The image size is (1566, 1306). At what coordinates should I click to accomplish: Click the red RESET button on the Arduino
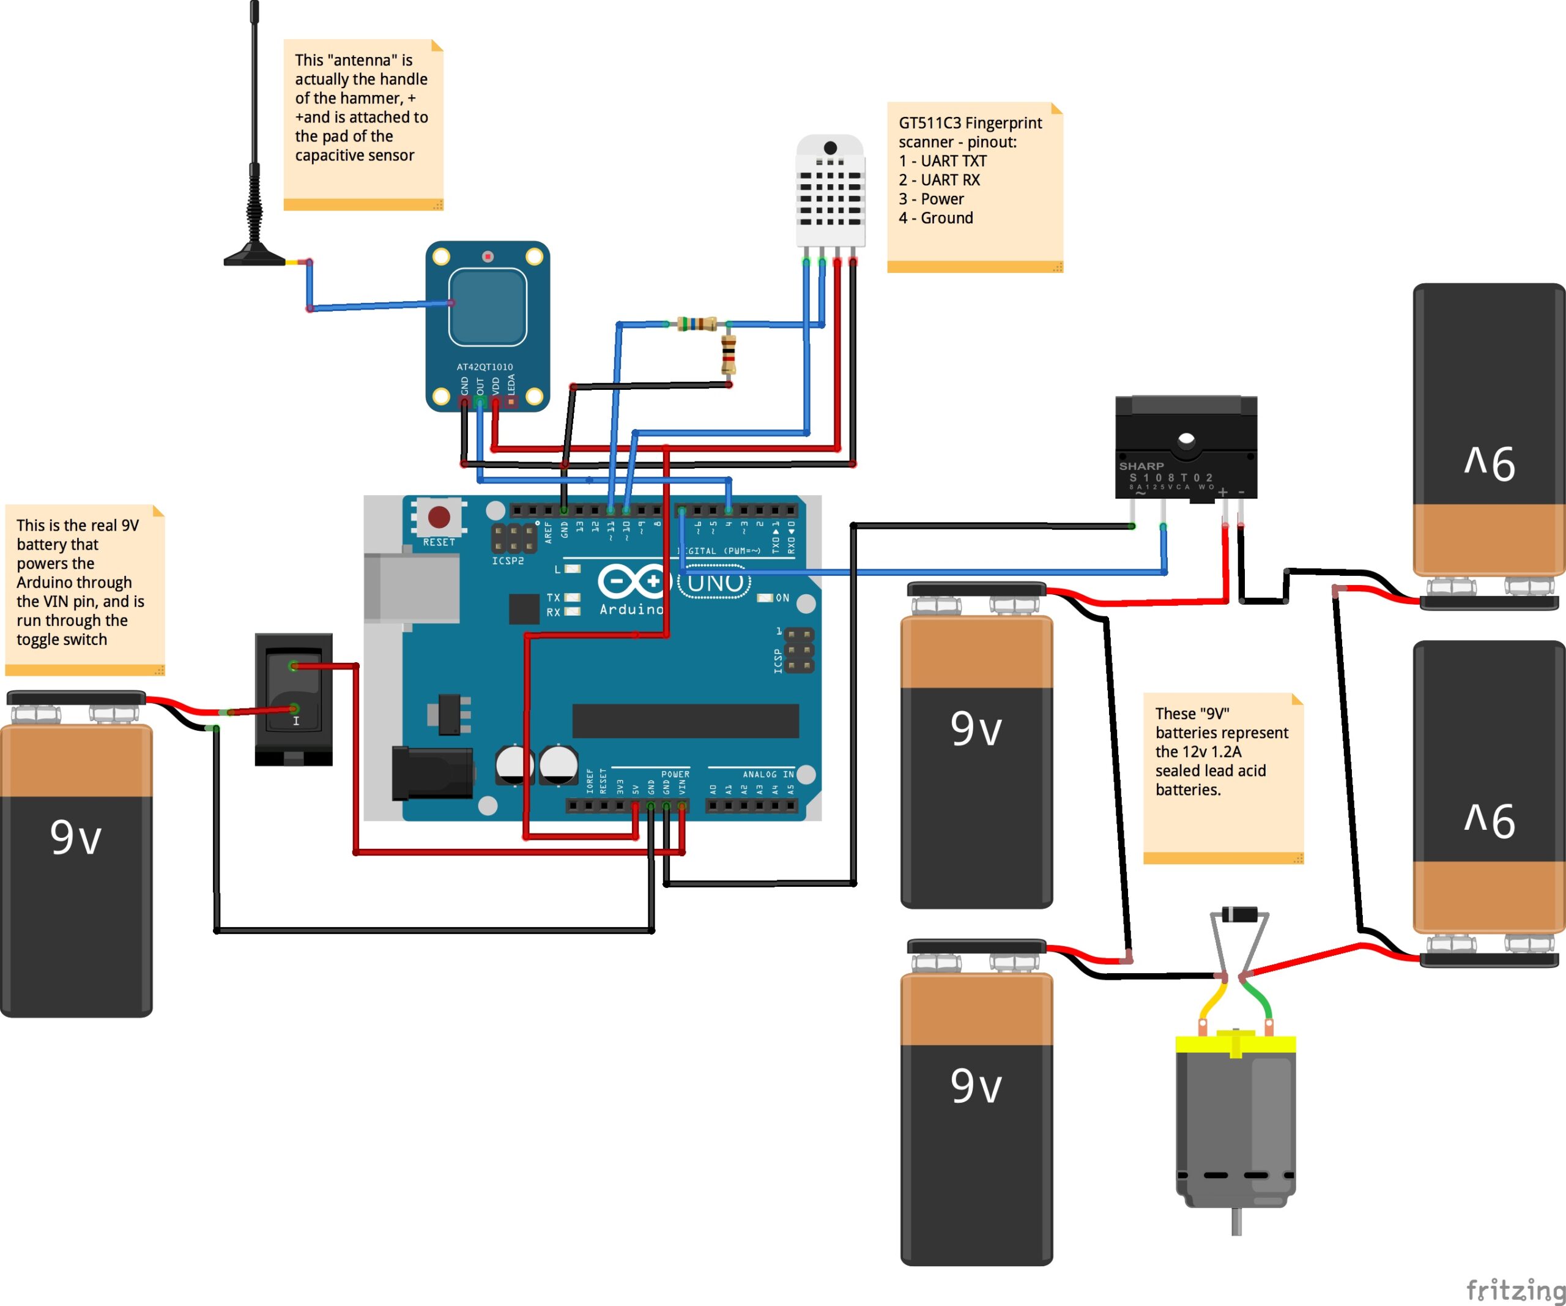(439, 516)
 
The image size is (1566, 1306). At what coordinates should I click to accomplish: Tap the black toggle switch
(294, 698)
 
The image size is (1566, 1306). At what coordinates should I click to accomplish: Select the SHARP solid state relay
(1186, 447)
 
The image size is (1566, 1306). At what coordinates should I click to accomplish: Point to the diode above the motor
(1239, 914)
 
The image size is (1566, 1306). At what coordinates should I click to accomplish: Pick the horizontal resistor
(697, 324)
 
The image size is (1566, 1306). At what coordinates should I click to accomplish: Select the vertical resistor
(729, 354)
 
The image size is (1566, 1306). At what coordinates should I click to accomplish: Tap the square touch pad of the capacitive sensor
(488, 307)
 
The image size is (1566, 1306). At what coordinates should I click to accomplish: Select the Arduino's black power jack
(432, 773)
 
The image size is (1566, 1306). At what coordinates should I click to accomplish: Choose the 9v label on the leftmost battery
(76, 837)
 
